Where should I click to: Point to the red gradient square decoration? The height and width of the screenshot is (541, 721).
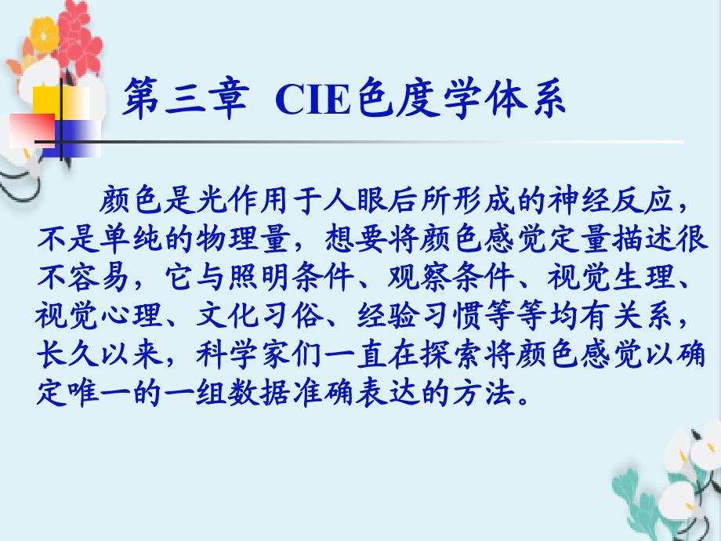(31, 131)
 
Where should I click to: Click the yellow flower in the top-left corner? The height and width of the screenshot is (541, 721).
(44, 34)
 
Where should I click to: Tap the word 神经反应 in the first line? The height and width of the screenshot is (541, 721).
(612, 201)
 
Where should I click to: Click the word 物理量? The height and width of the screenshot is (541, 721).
(244, 239)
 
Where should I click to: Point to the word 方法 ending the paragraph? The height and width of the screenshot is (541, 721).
(484, 394)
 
